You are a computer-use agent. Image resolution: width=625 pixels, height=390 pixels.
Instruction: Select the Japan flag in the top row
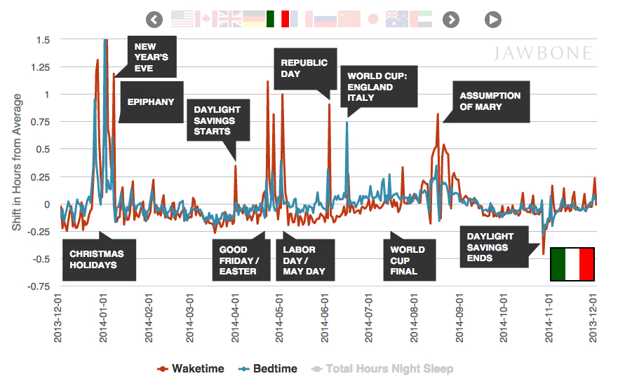click(x=373, y=19)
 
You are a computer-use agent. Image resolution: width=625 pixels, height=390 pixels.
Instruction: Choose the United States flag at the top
click(x=182, y=19)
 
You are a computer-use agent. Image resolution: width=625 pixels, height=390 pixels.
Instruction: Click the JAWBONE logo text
click(x=543, y=54)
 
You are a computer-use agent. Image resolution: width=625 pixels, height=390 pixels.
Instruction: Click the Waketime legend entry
click(x=194, y=368)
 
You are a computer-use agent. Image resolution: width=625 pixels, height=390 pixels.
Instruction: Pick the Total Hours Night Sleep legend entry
click(x=384, y=368)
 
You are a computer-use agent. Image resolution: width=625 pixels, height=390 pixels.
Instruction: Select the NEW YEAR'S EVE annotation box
click(x=152, y=56)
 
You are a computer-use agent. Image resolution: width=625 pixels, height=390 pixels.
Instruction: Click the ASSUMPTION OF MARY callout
click(x=490, y=101)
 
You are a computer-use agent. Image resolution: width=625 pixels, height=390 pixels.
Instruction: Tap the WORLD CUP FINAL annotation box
click(x=408, y=260)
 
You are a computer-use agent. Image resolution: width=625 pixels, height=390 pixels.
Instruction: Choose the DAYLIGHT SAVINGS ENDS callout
click(x=490, y=247)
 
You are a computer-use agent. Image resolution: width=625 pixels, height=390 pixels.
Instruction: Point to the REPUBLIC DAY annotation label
click(x=304, y=68)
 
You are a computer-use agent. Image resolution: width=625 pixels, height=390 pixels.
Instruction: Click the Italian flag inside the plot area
click(x=572, y=264)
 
